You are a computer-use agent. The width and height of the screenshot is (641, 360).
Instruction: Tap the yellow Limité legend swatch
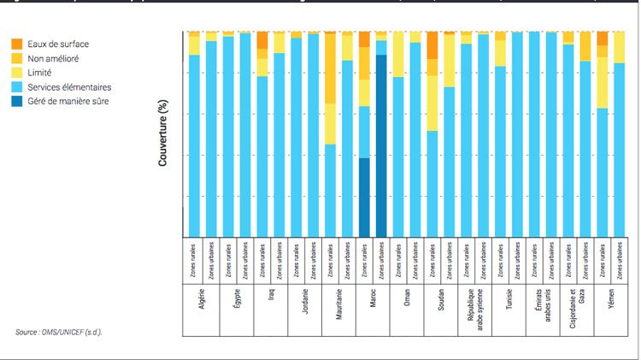(x=17, y=73)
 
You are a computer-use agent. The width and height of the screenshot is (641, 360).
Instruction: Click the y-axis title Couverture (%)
(x=163, y=133)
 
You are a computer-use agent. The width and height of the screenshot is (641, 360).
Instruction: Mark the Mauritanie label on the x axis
(x=339, y=306)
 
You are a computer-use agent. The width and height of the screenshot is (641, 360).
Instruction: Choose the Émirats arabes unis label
(x=543, y=306)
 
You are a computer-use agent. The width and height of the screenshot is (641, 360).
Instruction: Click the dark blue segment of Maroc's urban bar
(x=381, y=145)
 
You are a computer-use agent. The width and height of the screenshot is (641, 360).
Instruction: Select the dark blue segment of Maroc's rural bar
(x=364, y=197)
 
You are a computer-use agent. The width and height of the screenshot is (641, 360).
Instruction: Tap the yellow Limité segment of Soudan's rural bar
(x=432, y=103)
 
